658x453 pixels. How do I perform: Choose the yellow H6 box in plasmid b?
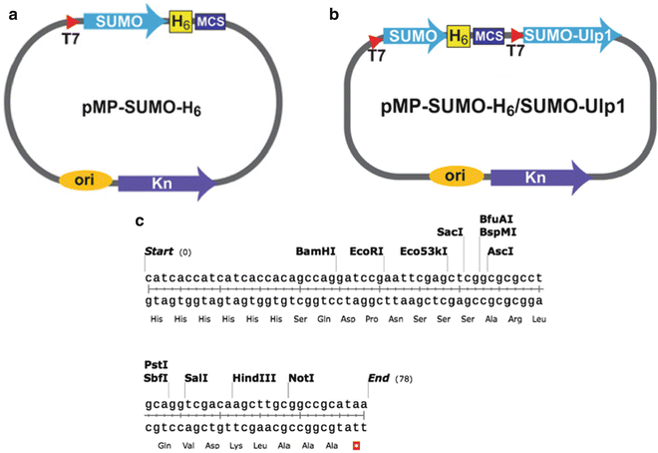[458, 38]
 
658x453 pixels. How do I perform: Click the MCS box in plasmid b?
[490, 38]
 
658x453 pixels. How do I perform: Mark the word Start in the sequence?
[160, 251]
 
